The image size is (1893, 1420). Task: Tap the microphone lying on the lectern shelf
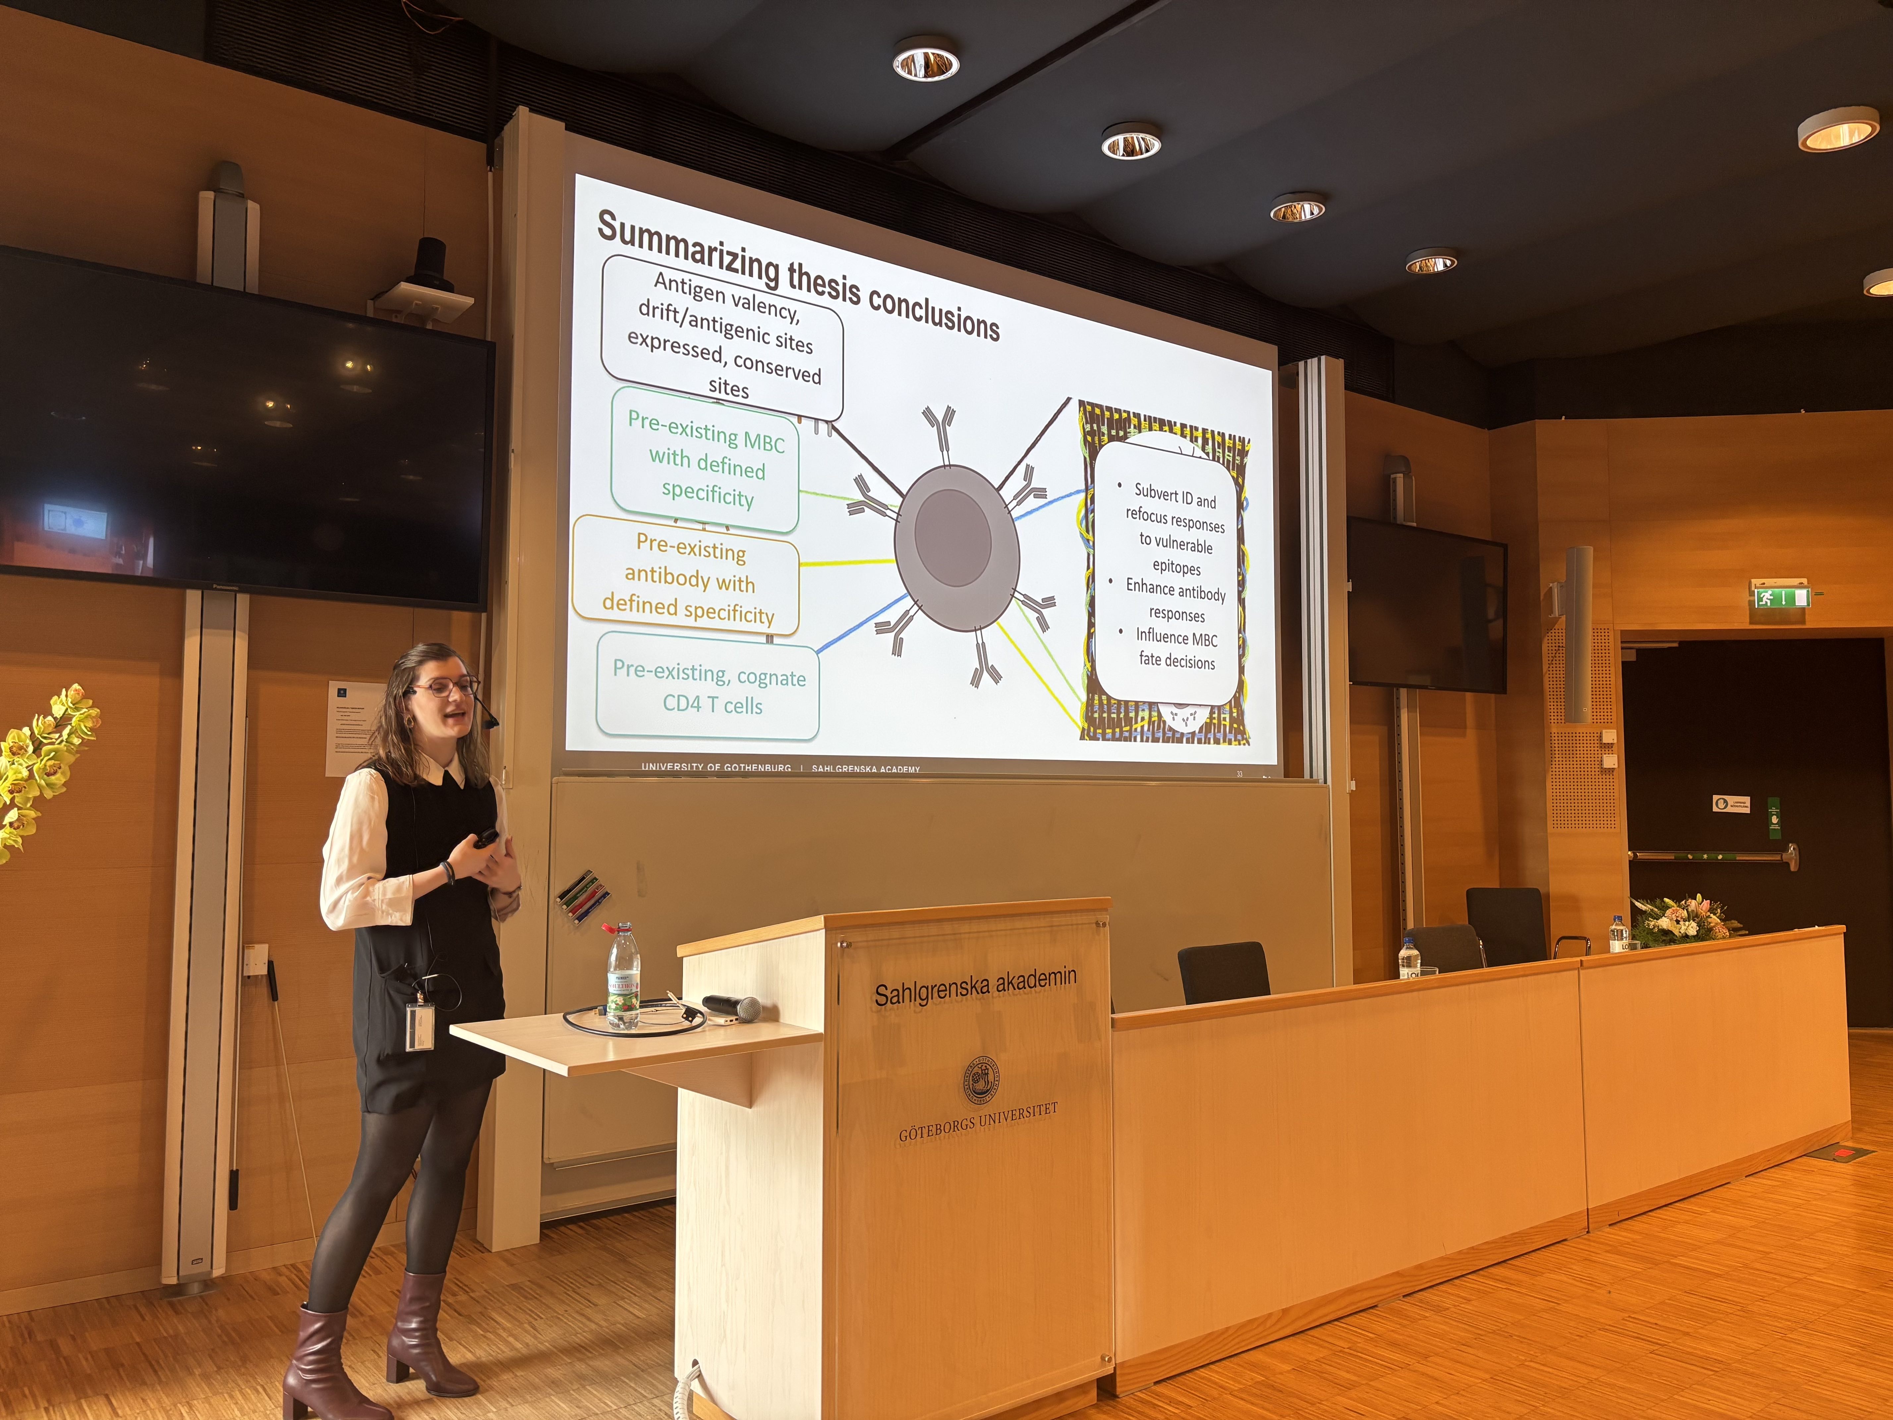732,1007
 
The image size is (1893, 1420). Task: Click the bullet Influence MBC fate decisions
1176,649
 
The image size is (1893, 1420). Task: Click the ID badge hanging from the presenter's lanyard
419,1026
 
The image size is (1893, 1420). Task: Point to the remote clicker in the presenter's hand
485,837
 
